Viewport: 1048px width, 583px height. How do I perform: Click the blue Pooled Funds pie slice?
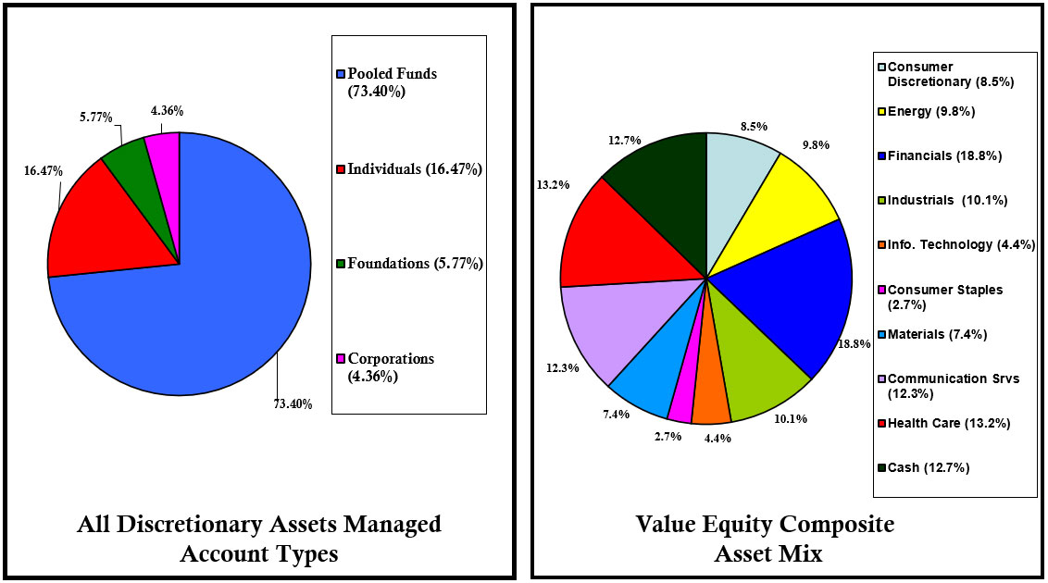204,296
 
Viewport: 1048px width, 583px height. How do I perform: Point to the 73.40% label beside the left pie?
292,403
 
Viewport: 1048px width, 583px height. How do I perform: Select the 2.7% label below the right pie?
667,435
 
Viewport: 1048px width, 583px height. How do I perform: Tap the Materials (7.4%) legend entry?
929,334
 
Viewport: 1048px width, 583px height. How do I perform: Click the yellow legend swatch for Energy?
881,112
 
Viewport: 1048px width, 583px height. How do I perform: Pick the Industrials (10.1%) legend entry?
942,200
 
